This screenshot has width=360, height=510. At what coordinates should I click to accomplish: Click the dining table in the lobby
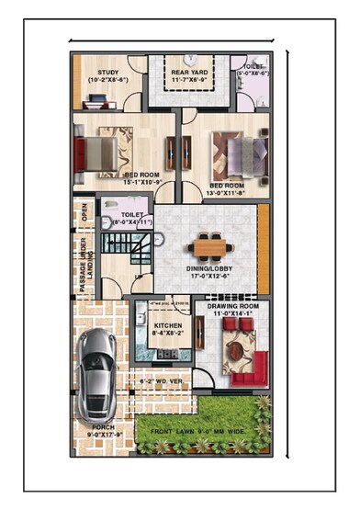tap(210, 246)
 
